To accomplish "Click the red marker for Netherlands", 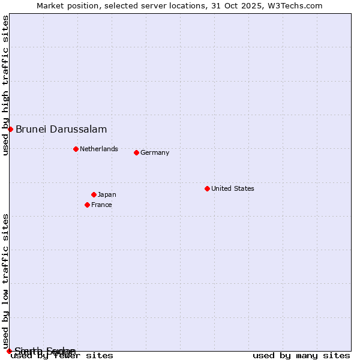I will click(76, 149).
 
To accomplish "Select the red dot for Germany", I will click(136, 152).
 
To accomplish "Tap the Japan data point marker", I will click(94, 194).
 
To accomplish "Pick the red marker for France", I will click(87, 205).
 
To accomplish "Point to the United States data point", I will click(207, 188).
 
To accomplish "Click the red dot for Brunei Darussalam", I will click(10, 129).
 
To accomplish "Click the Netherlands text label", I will click(99, 149).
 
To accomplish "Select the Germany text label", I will click(155, 152).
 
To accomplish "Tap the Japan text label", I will click(107, 194).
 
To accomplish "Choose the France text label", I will click(101, 205).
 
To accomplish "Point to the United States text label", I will click(233, 188).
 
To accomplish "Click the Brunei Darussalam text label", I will click(61, 129).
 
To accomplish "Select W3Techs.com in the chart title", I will click(294, 5).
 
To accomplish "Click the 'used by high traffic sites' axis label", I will click(5, 85).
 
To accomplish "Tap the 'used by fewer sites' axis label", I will click(62, 356).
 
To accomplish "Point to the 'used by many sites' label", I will click(301, 356).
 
